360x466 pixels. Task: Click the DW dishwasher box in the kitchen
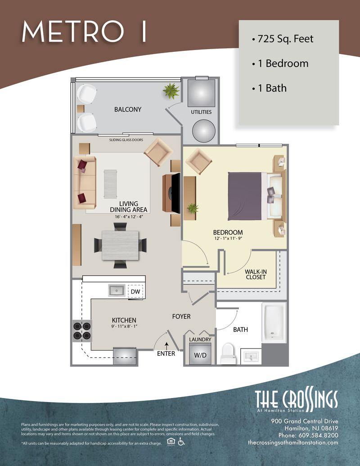coord(135,291)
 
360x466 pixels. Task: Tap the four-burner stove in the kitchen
coord(82,331)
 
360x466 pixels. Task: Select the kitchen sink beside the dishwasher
coord(117,290)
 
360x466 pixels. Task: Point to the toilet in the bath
coord(228,353)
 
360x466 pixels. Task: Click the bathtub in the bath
coord(274,322)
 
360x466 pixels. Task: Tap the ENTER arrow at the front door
coord(166,346)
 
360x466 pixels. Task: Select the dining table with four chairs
coord(120,245)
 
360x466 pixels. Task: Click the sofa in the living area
coord(85,182)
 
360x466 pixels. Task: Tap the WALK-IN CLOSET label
coord(256,274)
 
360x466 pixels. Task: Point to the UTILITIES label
coord(201,112)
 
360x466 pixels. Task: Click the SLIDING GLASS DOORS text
coord(126,140)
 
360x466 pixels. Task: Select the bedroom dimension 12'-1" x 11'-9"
coord(228,238)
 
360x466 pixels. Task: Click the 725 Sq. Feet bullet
coord(283,39)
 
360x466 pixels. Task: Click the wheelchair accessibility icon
coord(181,442)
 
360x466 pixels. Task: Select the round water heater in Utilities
coord(204,131)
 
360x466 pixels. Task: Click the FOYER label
coord(181,317)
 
